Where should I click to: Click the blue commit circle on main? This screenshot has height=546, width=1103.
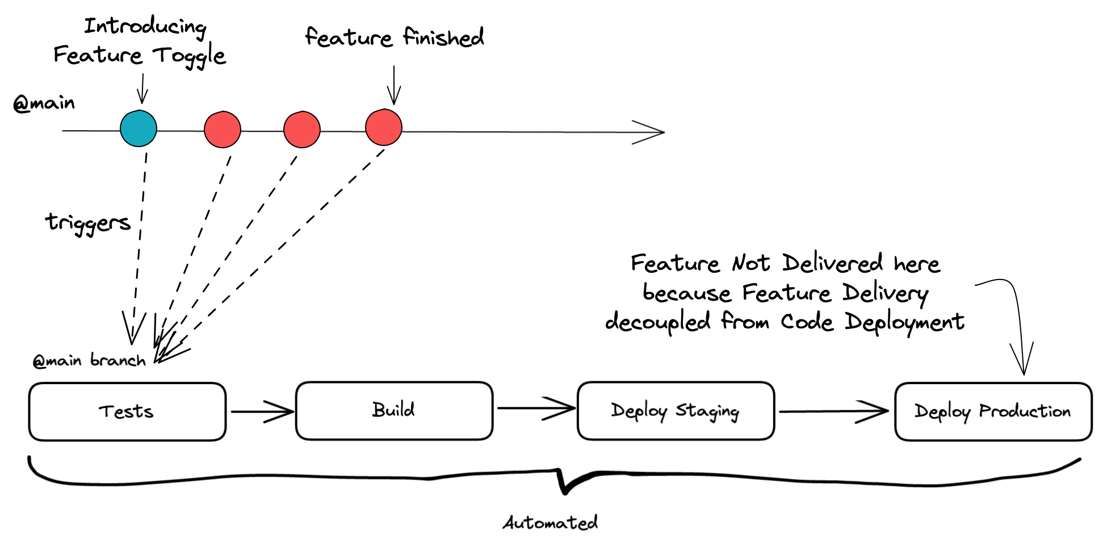(139, 128)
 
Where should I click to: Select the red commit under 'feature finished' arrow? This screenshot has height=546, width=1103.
(384, 127)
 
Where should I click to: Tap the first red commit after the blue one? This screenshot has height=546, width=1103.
(223, 130)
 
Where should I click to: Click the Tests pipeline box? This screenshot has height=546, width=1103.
(127, 412)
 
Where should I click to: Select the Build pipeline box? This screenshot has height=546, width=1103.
(394, 411)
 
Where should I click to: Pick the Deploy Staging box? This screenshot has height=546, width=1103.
(676, 411)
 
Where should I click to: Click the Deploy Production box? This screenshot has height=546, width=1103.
(993, 412)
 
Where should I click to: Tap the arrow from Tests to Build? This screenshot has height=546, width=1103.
(261, 411)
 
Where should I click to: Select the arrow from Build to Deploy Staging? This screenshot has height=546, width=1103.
(535, 408)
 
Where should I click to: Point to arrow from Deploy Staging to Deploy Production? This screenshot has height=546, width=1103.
(833, 411)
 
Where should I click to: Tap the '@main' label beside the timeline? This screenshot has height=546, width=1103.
(44, 103)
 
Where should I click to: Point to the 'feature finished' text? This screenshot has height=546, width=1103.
(395, 37)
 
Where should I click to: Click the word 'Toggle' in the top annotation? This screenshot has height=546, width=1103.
(190, 56)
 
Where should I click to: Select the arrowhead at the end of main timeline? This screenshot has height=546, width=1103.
(653, 132)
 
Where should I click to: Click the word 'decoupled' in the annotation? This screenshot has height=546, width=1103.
(657, 322)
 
